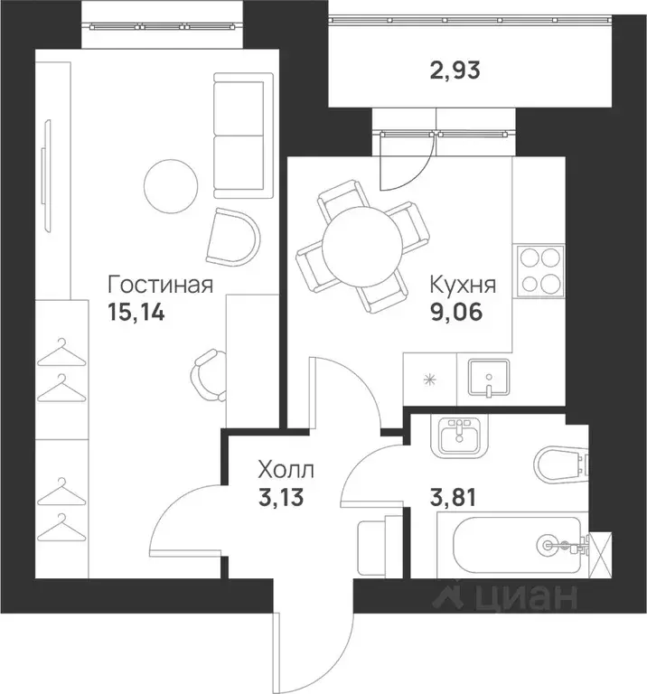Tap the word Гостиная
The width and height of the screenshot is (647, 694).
tap(160, 286)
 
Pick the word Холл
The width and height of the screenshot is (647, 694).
tap(286, 470)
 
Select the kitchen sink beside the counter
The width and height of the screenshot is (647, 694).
tap(488, 380)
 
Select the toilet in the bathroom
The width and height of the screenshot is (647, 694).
tap(559, 464)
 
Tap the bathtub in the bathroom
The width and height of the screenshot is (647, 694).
tap(511, 545)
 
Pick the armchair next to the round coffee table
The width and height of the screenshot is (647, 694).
tap(231, 234)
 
